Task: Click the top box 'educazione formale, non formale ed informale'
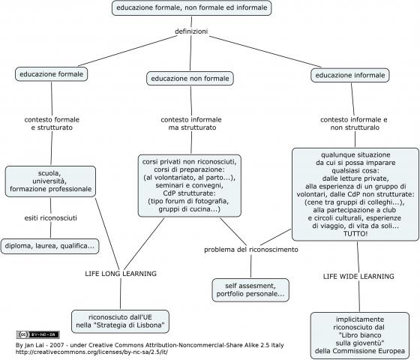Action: [x=191, y=7]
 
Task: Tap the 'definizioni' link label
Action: [x=191, y=31]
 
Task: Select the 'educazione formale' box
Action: [x=52, y=74]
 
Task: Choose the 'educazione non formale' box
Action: [x=190, y=79]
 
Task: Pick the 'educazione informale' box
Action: [x=350, y=75]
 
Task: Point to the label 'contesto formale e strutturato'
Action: [x=52, y=124]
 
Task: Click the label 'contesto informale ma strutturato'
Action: [x=191, y=124]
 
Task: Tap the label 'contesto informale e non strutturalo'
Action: [x=354, y=124]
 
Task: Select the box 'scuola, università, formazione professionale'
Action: [x=51, y=181]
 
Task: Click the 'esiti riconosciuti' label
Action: [x=51, y=217]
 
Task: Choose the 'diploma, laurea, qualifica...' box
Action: [x=49, y=246]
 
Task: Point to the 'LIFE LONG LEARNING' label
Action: [x=121, y=274]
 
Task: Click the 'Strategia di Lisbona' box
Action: [x=120, y=322]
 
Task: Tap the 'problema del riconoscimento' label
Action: [x=251, y=250]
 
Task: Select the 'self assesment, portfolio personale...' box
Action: [x=250, y=290]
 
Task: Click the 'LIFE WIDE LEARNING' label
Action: [x=358, y=277]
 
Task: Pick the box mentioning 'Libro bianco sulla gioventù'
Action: [x=360, y=335]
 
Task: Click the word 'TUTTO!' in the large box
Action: [x=355, y=233]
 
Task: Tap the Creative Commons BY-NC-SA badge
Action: [x=38, y=334]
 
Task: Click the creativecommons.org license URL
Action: [x=91, y=352]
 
